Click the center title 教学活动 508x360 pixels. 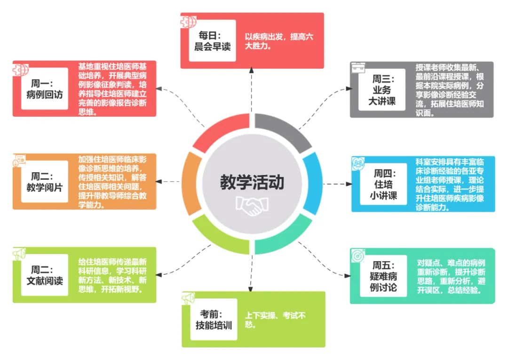[x=252, y=182]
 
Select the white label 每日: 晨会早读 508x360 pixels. [x=212, y=41]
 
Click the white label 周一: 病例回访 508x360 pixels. [x=45, y=88]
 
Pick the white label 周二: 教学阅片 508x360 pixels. [x=45, y=182]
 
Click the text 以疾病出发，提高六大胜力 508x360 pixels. [x=278, y=41]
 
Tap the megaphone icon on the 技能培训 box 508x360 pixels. [x=189, y=298]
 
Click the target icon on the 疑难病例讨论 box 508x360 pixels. [x=357, y=255]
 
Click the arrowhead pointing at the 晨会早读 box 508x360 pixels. [x=252, y=71]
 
